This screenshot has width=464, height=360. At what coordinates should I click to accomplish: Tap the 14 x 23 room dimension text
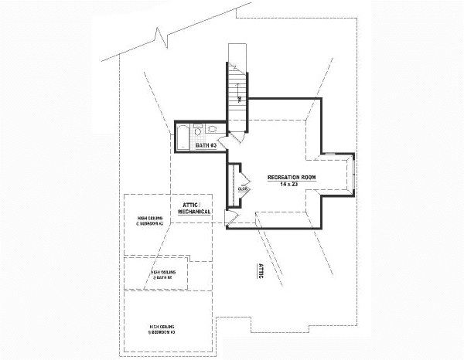(288, 185)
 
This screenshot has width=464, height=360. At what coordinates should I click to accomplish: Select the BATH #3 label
(205, 144)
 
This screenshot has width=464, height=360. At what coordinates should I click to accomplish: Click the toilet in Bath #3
(197, 129)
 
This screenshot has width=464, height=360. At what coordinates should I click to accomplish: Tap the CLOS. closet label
(242, 188)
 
